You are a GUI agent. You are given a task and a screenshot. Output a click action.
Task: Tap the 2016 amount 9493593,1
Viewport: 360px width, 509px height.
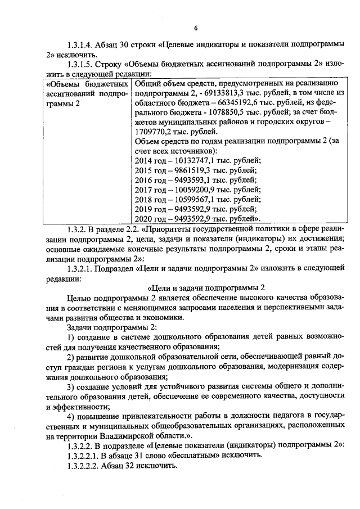pyautogui.click(x=196, y=180)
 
